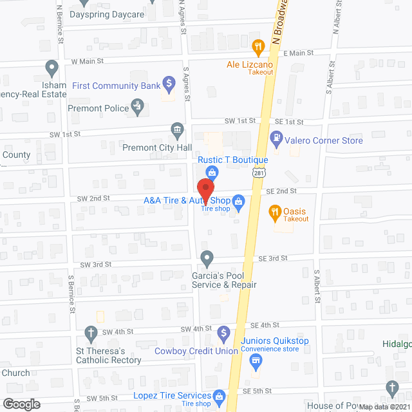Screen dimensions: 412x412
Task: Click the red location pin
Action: (x=205, y=188)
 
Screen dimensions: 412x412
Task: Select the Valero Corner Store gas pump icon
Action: (x=276, y=136)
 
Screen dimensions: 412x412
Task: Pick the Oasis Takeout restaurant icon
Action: (x=274, y=211)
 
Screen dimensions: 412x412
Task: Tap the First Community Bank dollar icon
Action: (x=169, y=82)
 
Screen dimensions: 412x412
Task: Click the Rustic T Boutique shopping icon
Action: (x=212, y=171)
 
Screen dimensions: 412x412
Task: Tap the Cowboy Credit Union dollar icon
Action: (x=223, y=333)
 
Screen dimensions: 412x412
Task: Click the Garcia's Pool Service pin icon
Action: (x=207, y=258)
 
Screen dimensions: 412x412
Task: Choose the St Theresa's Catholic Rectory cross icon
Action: (x=91, y=333)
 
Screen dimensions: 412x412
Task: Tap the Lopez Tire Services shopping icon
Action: (x=219, y=395)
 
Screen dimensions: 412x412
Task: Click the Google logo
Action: (x=21, y=404)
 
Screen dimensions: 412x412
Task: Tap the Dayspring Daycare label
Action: (x=98, y=14)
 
